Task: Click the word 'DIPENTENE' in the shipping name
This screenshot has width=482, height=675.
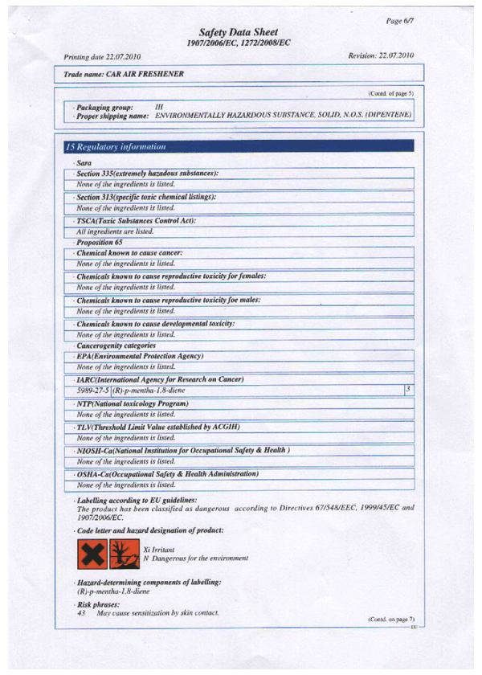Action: click(387, 115)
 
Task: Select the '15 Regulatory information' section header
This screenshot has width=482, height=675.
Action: click(116, 147)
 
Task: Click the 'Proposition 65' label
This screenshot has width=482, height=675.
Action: click(100, 242)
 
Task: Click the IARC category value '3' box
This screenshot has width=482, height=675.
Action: click(408, 389)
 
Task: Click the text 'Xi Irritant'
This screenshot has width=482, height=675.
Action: click(159, 549)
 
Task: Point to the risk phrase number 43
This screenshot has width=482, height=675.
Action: click(81, 613)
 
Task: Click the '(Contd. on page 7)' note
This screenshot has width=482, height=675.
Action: click(391, 620)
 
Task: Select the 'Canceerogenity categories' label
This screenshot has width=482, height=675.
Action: click(116, 346)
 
